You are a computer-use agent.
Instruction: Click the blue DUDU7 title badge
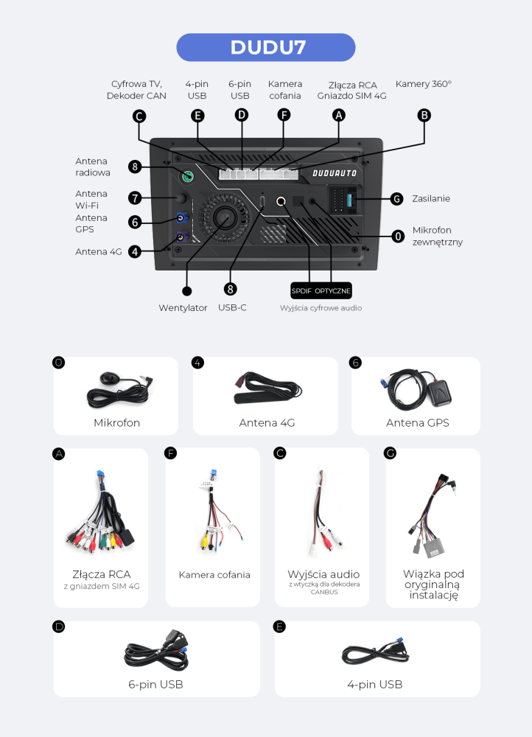265,47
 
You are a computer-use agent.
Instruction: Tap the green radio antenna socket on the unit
188,177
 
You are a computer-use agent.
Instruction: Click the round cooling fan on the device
225,217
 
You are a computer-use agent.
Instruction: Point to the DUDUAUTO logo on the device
335,173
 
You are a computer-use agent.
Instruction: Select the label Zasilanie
431,198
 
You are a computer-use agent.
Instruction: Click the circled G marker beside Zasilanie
397,199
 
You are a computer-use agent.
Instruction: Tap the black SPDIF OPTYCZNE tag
321,290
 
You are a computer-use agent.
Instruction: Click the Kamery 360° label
424,84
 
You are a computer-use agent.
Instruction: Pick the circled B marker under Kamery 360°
424,115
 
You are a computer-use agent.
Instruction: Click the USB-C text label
232,307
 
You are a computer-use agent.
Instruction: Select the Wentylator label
183,308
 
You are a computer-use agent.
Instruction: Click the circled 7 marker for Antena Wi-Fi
135,198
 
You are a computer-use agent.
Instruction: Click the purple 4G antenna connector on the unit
181,237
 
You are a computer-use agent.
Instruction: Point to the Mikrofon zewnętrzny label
438,236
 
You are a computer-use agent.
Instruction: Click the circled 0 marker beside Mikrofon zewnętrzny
398,236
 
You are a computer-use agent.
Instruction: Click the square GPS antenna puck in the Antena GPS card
439,393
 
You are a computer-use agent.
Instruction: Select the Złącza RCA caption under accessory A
102,574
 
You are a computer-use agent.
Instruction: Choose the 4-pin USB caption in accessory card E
375,685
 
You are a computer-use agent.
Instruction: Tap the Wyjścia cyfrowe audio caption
321,308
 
